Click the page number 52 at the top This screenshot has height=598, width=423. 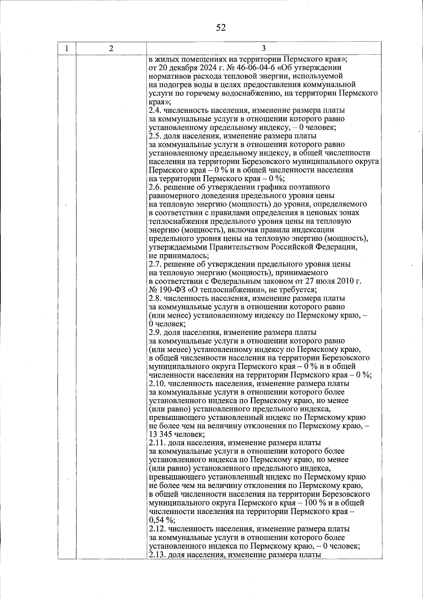(221, 28)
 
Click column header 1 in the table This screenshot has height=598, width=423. (67, 48)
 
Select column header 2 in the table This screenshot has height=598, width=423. (111, 48)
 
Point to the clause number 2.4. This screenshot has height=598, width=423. (155, 110)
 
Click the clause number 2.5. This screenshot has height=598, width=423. (155, 136)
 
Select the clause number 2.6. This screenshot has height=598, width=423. (155, 187)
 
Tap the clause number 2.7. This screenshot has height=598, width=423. (155, 264)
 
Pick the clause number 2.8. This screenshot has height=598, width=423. (155, 298)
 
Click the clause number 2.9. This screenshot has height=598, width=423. (155, 332)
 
